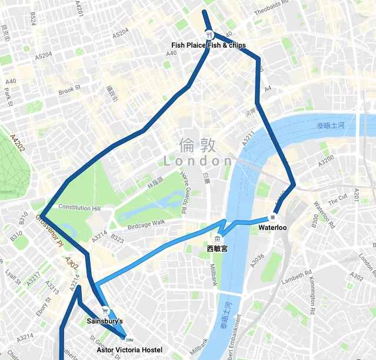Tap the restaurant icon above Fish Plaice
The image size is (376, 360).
[x=208, y=34]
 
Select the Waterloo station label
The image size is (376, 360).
[x=272, y=227]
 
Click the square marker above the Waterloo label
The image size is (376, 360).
[x=272, y=217]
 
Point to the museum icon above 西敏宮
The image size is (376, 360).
[x=218, y=238]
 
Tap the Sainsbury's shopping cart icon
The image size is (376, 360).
[x=104, y=312]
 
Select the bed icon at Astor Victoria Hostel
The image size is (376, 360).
[x=129, y=339]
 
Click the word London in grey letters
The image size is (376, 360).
[x=198, y=161]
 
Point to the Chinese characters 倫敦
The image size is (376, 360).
[x=198, y=145]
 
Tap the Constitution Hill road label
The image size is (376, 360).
[x=79, y=208]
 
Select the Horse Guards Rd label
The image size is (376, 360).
[x=184, y=192]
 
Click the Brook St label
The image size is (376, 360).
[x=69, y=91]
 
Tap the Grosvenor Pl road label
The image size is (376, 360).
[x=50, y=229]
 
